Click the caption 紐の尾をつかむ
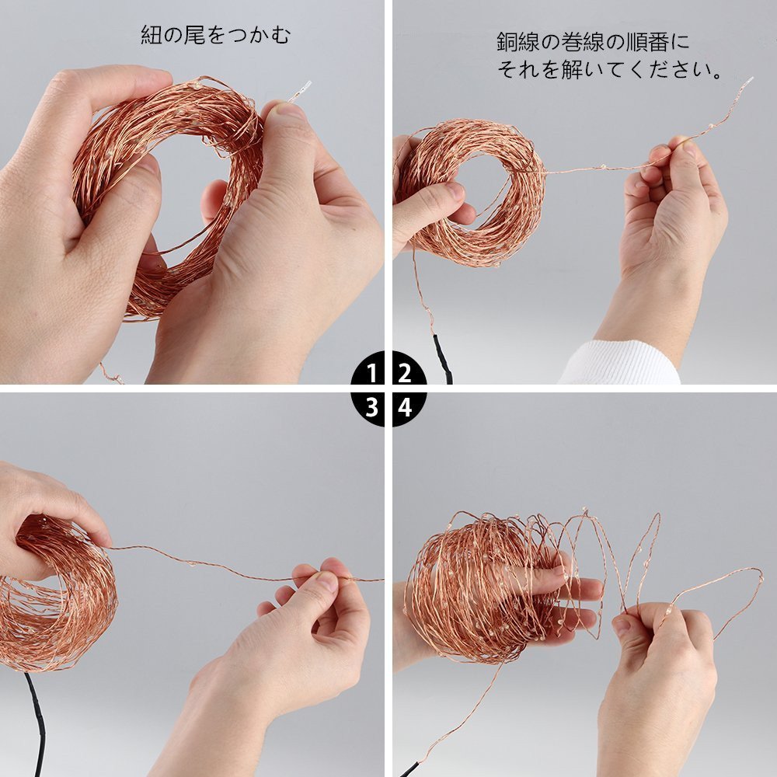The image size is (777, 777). pyautogui.click(x=215, y=35)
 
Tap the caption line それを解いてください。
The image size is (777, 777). pyautogui.click(x=609, y=69)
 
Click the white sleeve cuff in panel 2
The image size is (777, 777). pyautogui.click(x=620, y=363)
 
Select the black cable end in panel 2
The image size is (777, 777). pyautogui.click(x=443, y=357)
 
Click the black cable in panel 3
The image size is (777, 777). pyautogui.click(x=36, y=723)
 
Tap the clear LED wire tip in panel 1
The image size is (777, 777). pyautogui.click(x=300, y=92)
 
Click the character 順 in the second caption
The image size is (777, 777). pyautogui.click(x=636, y=42)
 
